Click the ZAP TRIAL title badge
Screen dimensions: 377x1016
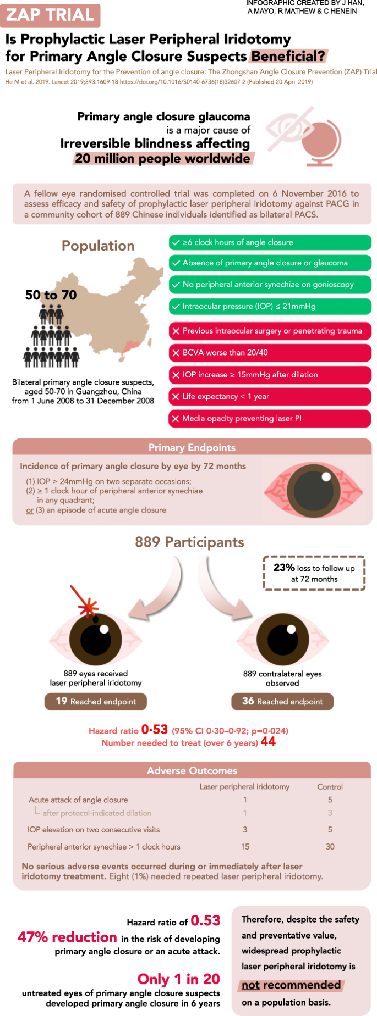coord(50,15)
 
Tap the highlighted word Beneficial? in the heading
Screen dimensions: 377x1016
coord(288,56)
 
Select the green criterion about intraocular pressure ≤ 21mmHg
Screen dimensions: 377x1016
coord(270,307)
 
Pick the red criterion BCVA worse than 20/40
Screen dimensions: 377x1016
coord(270,353)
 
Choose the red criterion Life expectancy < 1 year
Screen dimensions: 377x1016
coord(270,397)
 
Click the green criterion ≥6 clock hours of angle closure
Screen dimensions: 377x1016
coord(270,242)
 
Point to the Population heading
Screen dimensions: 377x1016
coord(98,246)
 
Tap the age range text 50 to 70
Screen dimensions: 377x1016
coord(51,295)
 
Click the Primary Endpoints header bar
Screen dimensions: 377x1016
coord(192,447)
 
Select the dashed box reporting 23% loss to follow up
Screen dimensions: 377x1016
coord(314,573)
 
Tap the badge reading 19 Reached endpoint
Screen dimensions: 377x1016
coord(96,701)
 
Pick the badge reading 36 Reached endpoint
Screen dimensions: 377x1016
coord(282,701)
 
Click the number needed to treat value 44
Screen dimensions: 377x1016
coord(268,742)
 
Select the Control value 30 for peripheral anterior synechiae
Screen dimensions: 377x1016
coord(330,847)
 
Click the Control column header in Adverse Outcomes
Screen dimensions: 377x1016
coord(330,787)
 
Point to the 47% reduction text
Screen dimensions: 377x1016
coord(67,937)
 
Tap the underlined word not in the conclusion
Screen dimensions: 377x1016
coord(250,985)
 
